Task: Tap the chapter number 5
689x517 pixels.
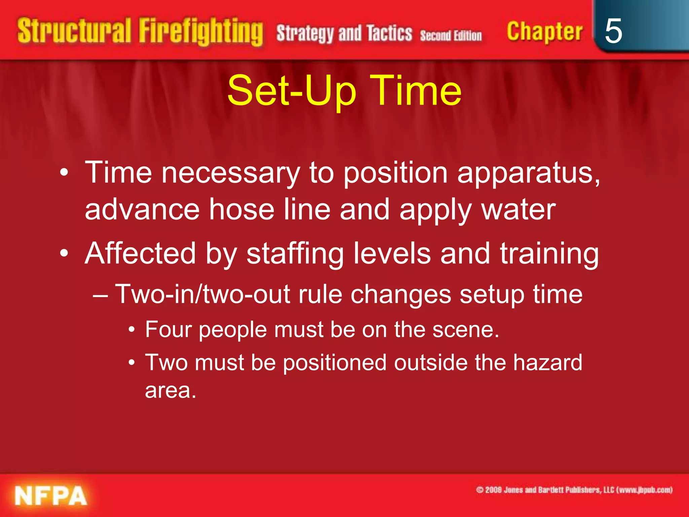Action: coord(613,31)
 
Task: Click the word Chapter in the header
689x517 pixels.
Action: coord(544,32)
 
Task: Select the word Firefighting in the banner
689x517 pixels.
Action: coord(201,32)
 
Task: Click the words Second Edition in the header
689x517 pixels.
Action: coord(451,35)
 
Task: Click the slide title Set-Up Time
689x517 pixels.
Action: coord(344,90)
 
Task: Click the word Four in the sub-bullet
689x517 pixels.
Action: coord(168,329)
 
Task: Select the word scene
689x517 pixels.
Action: coord(465,329)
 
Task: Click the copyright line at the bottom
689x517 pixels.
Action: coord(574,490)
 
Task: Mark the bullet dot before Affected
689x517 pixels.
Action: coord(64,253)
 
